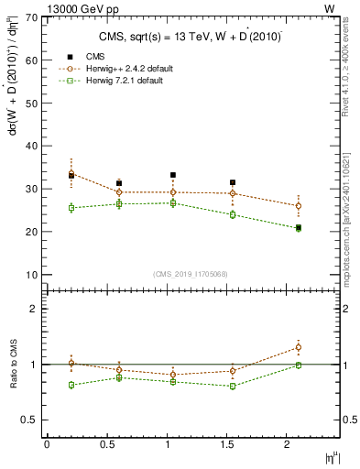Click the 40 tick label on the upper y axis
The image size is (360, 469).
point(31,146)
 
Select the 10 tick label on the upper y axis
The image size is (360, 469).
point(31,275)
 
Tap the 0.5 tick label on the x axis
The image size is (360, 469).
point(106,444)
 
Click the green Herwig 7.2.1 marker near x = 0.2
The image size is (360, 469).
point(71,208)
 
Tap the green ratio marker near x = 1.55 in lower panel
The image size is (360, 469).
point(233,386)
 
